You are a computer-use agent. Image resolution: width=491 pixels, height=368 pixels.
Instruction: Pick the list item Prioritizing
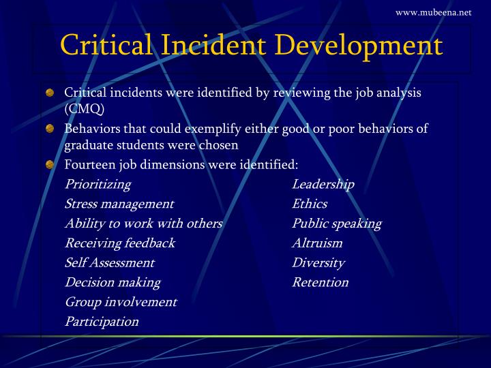[98, 185]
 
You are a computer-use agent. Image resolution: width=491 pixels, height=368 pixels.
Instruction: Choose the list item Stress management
[119, 204]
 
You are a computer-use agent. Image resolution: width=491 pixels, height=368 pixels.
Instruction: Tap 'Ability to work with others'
[143, 224]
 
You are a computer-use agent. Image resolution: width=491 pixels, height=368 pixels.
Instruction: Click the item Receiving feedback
[119, 243]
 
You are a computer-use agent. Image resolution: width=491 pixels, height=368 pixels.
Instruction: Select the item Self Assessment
[109, 263]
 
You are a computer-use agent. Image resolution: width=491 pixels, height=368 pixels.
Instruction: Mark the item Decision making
[113, 282]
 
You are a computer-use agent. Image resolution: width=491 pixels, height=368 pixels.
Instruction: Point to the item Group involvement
[121, 302]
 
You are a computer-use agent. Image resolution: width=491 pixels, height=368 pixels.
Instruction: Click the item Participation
[102, 322]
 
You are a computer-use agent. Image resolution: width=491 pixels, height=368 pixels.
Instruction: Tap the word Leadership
[323, 185]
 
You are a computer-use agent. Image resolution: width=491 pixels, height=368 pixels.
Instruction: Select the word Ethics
[310, 204]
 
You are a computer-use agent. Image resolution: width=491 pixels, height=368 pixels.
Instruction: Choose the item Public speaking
[337, 224]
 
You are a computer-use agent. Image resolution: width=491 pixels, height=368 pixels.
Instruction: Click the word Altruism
[317, 243]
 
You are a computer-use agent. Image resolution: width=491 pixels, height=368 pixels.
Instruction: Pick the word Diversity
[318, 263]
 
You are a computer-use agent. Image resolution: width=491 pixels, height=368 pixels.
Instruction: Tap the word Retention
[321, 282]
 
